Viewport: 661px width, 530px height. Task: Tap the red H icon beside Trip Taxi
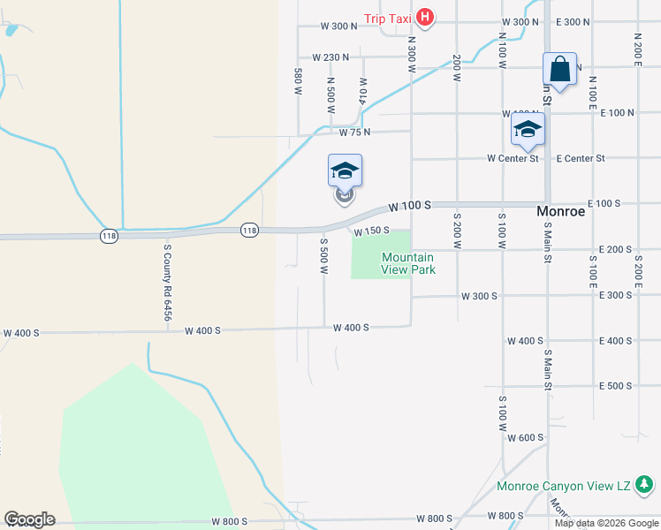425,18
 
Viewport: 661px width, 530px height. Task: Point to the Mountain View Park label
407,263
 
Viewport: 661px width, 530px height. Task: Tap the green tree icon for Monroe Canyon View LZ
646,484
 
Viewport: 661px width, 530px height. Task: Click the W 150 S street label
372,231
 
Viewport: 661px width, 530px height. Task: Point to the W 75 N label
354,132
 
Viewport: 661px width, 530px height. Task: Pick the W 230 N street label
330,57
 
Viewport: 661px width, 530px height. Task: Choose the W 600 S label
526,437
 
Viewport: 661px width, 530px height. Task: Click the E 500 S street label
615,386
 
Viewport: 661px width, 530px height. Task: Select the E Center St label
581,158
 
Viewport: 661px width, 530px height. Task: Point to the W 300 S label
479,295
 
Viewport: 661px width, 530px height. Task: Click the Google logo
29,519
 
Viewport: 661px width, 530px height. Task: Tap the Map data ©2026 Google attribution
605,523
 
